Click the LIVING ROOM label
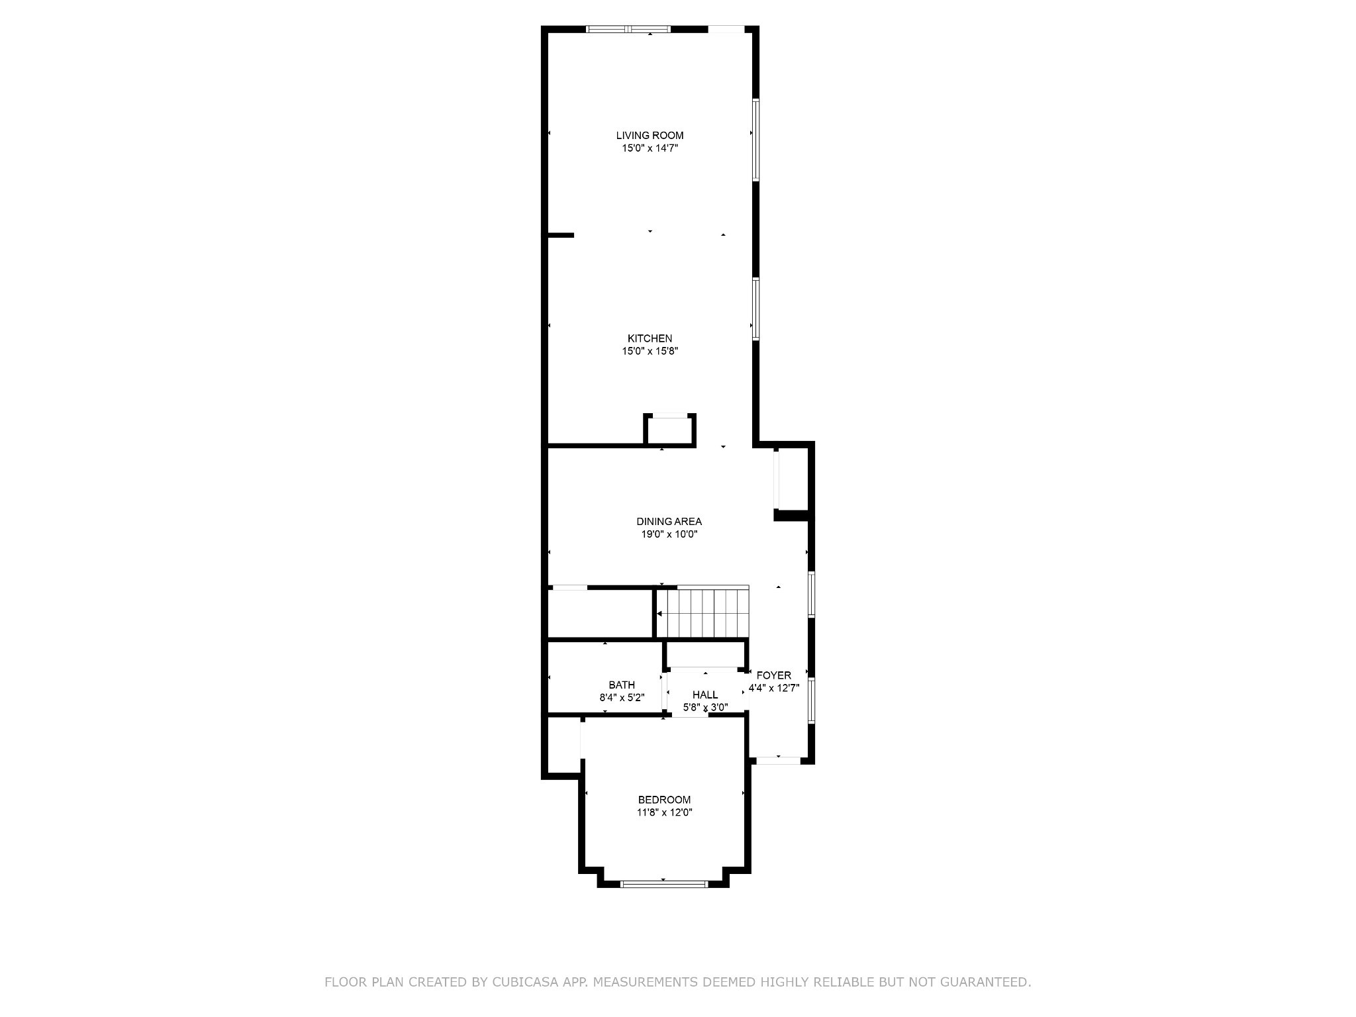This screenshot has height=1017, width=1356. [x=650, y=136]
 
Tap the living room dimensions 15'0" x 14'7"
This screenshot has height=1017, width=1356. [x=650, y=148]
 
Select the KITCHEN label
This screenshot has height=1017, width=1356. [x=650, y=339]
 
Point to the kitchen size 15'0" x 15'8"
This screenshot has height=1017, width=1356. [x=650, y=352]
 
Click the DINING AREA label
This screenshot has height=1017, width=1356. [x=669, y=522]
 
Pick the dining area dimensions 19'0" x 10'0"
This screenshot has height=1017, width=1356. [x=669, y=534]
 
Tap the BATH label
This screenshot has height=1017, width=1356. [x=622, y=685]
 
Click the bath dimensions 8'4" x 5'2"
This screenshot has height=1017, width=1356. [x=622, y=698]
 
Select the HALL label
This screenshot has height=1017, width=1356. [x=705, y=695]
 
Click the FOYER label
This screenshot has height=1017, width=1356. [x=773, y=675]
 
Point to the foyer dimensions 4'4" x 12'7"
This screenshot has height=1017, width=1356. [x=773, y=688]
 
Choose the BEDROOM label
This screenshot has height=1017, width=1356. [x=664, y=800]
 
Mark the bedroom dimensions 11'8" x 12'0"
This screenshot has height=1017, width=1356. [x=664, y=812]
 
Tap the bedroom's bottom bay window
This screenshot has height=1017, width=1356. [x=664, y=884]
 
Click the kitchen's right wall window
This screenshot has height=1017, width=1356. [x=755, y=309]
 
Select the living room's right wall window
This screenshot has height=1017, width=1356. [x=755, y=140]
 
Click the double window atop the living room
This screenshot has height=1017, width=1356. [x=628, y=29]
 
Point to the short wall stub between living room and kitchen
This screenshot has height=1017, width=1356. [x=560, y=235]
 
